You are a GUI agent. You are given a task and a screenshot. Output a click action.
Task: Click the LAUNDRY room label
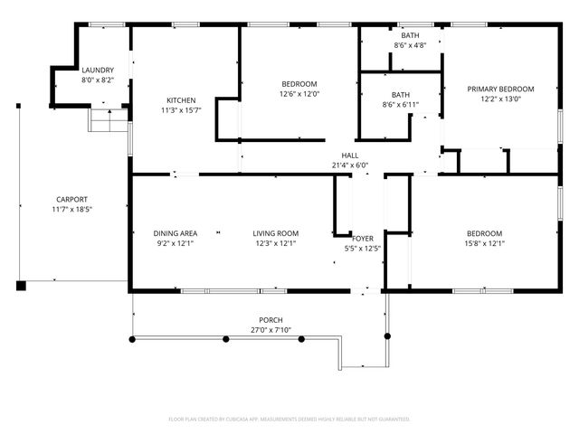pyautogui.click(x=97, y=70)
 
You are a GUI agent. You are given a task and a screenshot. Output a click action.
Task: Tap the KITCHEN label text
pyautogui.click(x=181, y=100)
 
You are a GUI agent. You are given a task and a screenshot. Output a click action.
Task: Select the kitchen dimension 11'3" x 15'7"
pyautogui.click(x=181, y=110)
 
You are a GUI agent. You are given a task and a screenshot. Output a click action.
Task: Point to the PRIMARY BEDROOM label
pyautogui.click(x=500, y=89)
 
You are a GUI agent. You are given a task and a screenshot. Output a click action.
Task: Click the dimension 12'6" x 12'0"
pyautogui.click(x=299, y=93)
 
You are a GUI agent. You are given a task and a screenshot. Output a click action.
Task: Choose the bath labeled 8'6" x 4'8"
pyautogui.click(x=410, y=45)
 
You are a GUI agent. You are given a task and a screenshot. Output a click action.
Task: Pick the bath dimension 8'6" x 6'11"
pyautogui.click(x=401, y=105)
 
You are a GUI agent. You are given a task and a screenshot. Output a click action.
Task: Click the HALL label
pyautogui.click(x=349, y=155)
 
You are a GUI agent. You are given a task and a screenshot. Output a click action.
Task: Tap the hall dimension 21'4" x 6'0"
pyautogui.click(x=349, y=165)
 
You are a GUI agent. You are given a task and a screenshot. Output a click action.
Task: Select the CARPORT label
pyautogui.click(x=71, y=199)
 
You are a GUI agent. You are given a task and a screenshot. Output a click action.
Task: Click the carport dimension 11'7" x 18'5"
pyautogui.click(x=71, y=209)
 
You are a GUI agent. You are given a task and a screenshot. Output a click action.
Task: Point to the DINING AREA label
pyautogui.click(x=175, y=233)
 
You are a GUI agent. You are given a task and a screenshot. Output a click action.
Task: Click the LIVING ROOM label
pyautogui.click(x=275, y=233)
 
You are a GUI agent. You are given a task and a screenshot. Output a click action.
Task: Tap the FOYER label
pyautogui.click(x=363, y=239)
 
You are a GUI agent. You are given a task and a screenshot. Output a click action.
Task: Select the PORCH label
pyautogui.click(x=271, y=320)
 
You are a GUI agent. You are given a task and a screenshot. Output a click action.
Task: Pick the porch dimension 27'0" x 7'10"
pyautogui.click(x=271, y=330)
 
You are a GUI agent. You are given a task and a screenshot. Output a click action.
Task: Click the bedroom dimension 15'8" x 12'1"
pyautogui.click(x=484, y=243)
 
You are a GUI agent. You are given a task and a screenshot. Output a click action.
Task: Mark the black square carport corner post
pyautogui.click(x=21, y=286)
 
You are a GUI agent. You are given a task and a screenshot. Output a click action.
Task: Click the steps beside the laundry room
pyautogui.click(x=109, y=120)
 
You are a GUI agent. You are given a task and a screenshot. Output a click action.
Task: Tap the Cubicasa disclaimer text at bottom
pyautogui.click(x=289, y=420)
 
